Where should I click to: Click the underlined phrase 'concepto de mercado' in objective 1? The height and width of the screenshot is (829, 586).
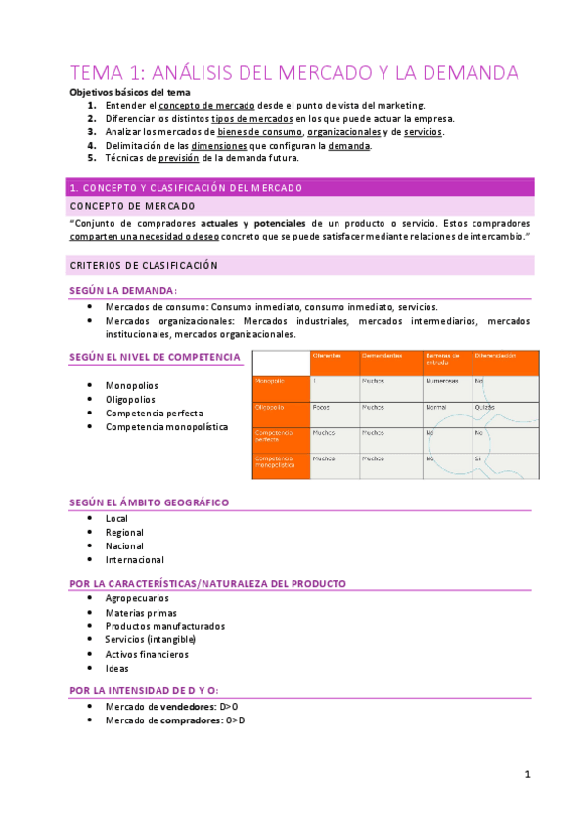point(207,105)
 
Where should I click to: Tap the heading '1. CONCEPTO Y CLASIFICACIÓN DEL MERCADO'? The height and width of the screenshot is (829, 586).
point(185,187)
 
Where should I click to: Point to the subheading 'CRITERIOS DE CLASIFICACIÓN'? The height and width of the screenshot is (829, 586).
point(143,265)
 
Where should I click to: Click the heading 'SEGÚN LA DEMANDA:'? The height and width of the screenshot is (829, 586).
point(123,290)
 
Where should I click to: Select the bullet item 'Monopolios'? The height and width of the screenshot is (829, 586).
point(131,385)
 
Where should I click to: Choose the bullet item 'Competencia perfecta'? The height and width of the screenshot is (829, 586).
point(155,413)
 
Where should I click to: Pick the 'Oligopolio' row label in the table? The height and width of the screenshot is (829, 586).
point(270,407)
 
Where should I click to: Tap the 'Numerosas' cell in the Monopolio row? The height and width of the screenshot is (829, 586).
point(441,381)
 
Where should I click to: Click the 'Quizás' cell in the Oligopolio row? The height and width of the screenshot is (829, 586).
point(485,407)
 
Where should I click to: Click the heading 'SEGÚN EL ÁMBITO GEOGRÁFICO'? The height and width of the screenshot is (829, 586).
point(149,502)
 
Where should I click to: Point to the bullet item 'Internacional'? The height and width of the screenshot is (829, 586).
point(135,560)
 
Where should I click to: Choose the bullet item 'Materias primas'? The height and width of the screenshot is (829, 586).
point(143,612)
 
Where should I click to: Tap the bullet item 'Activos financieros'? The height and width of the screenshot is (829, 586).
point(147,654)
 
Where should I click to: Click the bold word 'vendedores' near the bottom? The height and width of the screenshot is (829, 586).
point(189,706)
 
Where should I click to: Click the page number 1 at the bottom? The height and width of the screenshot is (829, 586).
point(526,775)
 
